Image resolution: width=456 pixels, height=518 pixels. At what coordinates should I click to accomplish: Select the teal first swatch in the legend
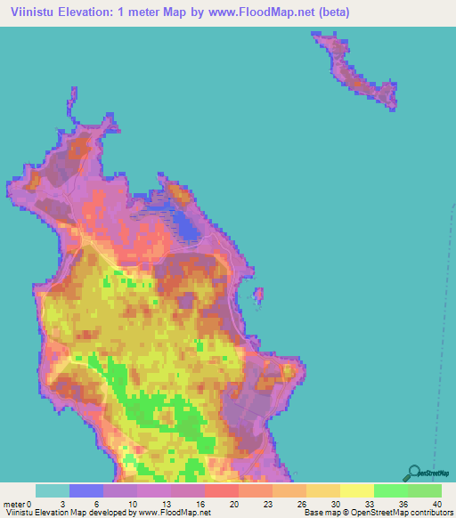[53, 490]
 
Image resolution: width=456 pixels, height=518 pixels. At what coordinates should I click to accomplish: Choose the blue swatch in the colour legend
[86, 490]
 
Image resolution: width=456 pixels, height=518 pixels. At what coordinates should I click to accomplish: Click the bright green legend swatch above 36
[391, 490]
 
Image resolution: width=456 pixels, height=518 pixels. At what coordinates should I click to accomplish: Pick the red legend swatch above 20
[222, 490]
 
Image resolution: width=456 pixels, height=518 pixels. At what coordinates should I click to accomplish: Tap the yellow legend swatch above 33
[357, 490]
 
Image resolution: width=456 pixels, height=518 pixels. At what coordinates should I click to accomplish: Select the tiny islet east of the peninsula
[259, 294]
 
